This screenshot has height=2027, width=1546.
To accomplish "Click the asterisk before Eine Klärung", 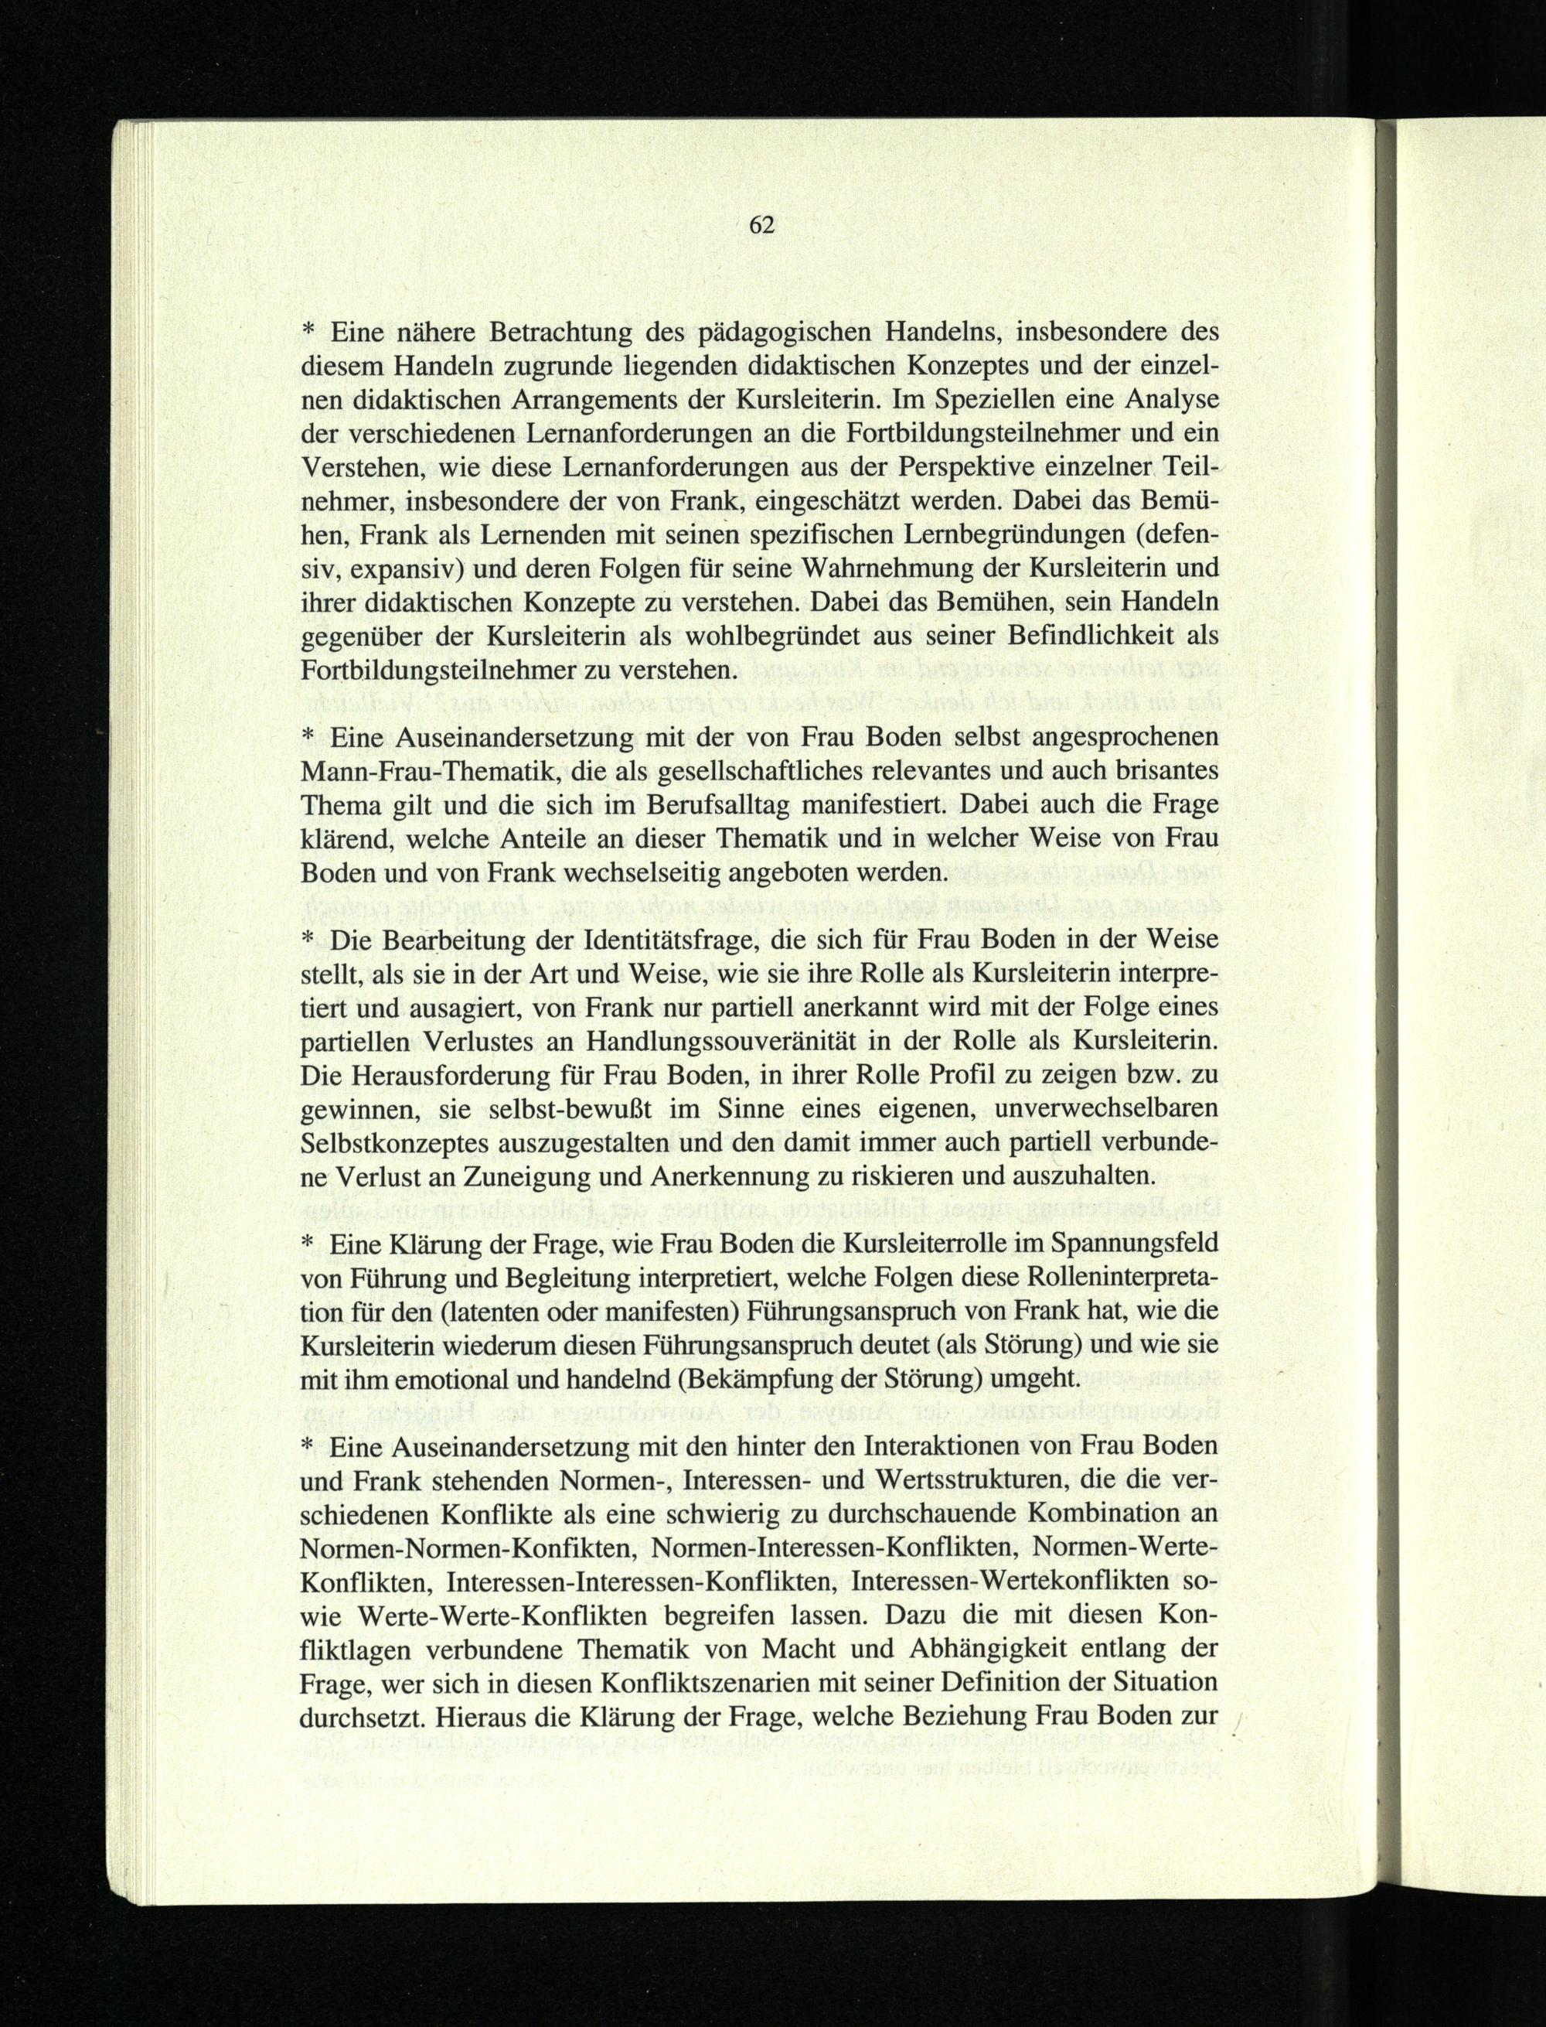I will (308, 1244).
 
